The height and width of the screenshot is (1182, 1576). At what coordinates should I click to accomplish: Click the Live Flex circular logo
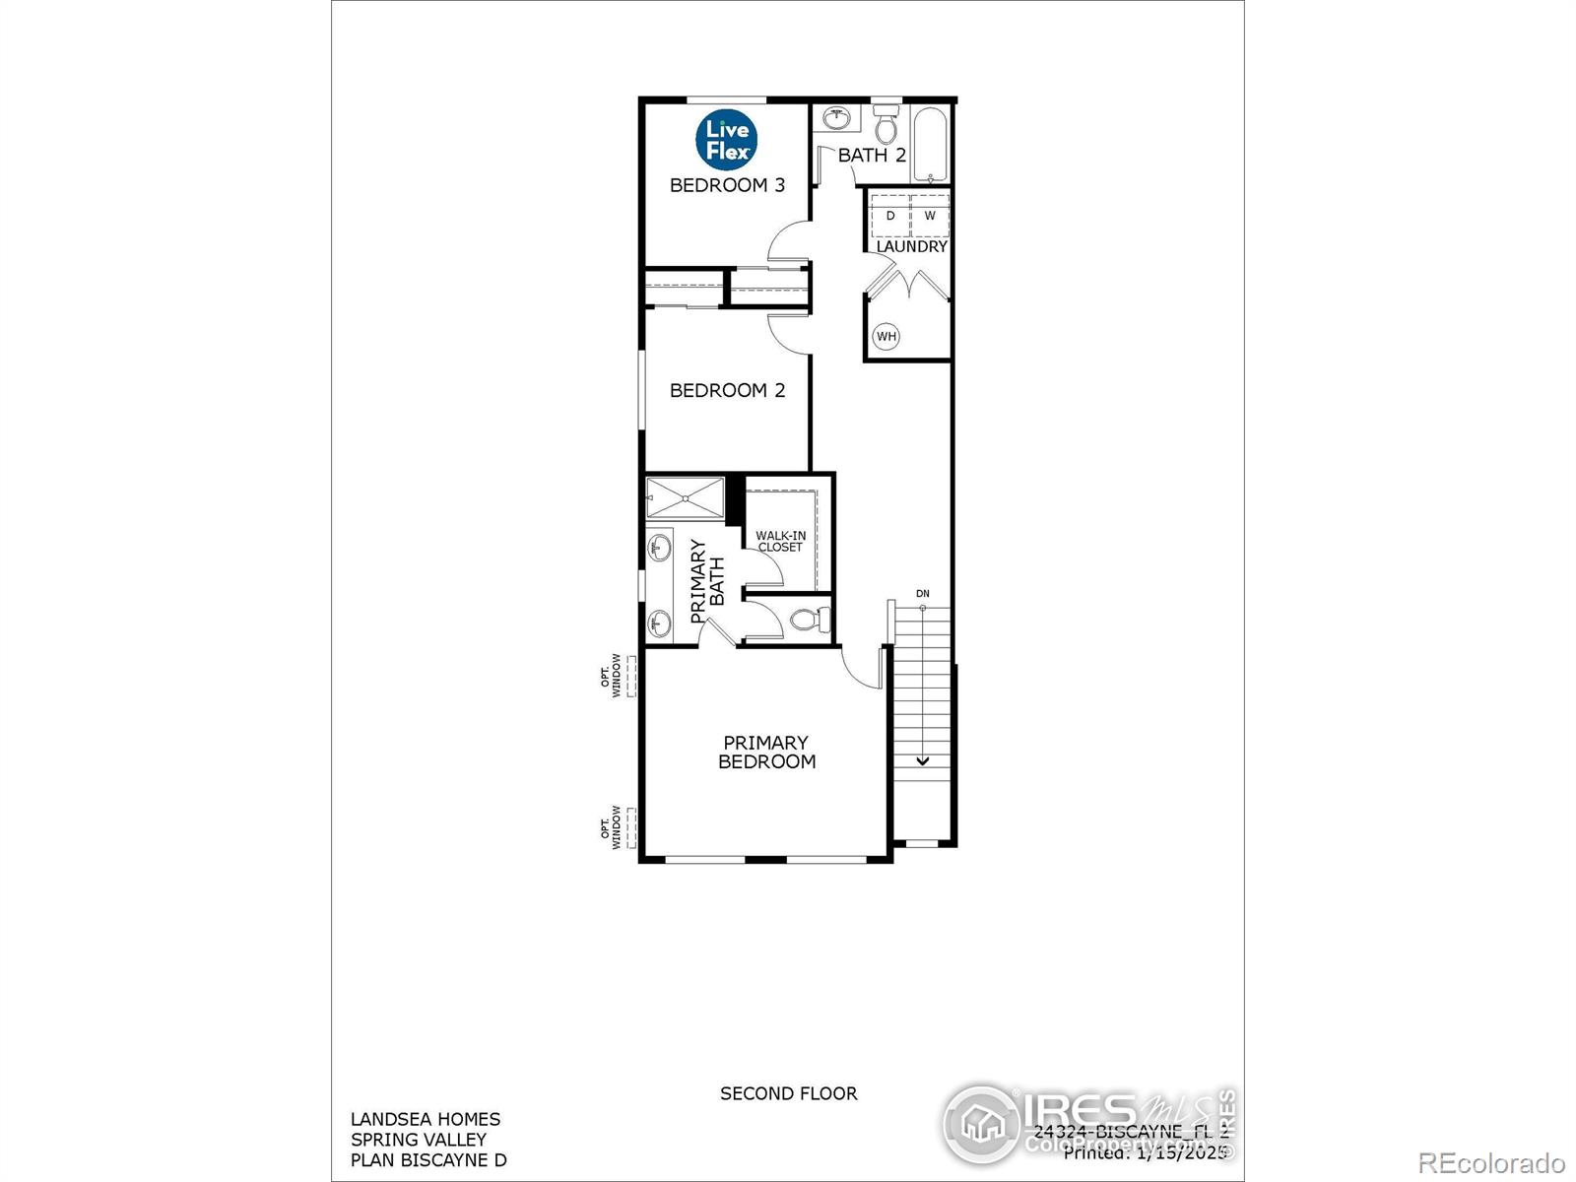tap(727, 139)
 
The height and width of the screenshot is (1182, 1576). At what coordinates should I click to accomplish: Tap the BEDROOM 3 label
tap(727, 185)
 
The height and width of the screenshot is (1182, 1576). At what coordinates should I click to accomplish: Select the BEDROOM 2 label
tap(727, 391)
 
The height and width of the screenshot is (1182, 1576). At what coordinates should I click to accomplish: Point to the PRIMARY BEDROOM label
tap(766, 752)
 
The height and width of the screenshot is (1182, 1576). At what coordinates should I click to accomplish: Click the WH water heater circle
tap(886, 336)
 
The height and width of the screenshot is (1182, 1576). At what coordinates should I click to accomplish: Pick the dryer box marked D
tap(890, 215)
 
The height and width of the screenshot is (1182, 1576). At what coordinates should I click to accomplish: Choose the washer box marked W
tap(930, 215)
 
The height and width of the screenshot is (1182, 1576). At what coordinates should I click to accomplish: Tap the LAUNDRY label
tap(911, 246)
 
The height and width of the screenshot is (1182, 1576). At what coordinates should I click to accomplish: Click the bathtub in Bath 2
tap(931, 146)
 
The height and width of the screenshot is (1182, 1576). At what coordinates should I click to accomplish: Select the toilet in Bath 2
tap(886, 125)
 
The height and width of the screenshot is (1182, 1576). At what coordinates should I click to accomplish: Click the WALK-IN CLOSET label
tap(780, 541)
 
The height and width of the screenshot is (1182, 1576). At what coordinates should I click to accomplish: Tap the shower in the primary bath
tap(685, 497)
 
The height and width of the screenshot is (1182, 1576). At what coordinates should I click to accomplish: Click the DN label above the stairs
tap(923, 594)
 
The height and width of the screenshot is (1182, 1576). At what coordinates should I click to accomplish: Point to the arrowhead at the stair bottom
tap(923, 760)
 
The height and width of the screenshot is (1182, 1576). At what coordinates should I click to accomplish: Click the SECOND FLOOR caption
tap(788, 1093)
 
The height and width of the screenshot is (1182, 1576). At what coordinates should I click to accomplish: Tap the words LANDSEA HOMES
tap(426, 1119)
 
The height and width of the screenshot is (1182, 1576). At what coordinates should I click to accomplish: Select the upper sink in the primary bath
tap(659, 549)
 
